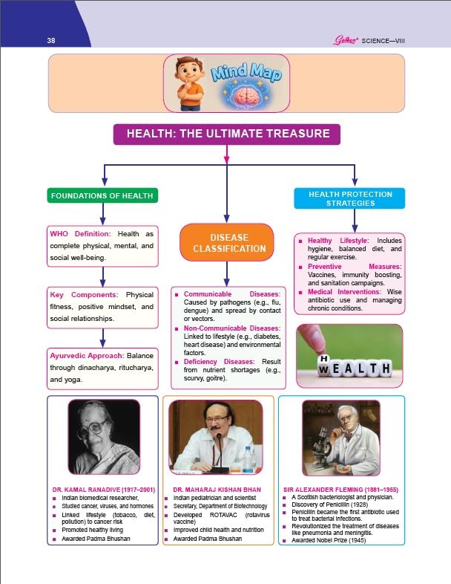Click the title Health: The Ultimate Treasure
(x=226, y=134)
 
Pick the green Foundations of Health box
(x=103, y=196)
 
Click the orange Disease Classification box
(x=226, y=242)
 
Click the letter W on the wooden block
(x=324, y=368)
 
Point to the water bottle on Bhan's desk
(x=248, y=458)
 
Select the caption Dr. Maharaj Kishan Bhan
(x=215, y=490)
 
